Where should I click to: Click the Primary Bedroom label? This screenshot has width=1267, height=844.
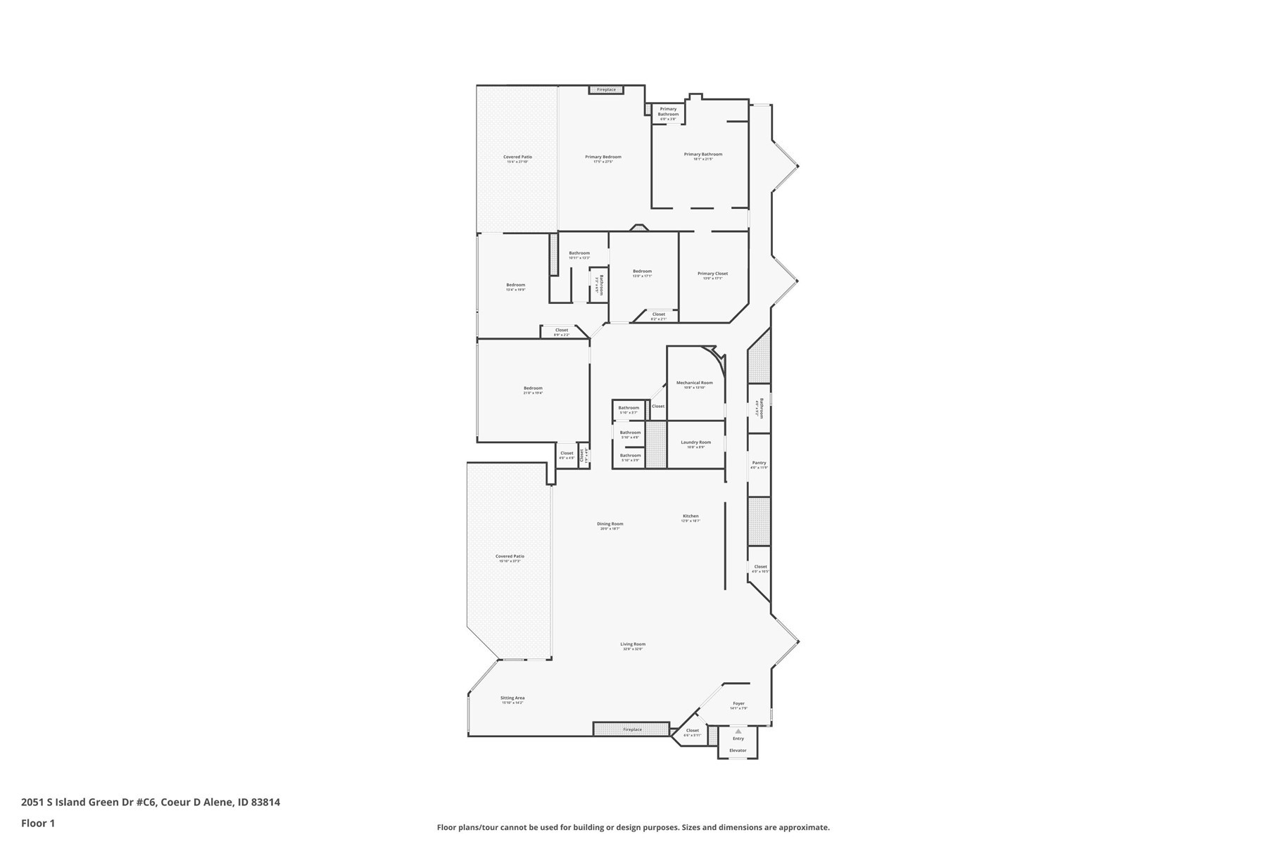click(603, 158)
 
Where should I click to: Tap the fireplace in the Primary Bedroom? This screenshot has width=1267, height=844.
click(606, 89)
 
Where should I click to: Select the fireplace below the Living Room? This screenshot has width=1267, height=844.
click(631, 729)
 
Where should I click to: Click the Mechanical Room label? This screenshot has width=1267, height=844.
click(694, 383)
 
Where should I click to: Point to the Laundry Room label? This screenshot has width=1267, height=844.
click(695, 443)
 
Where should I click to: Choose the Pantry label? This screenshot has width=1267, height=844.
click(759, 463)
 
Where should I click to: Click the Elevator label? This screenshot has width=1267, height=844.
click(738, 750)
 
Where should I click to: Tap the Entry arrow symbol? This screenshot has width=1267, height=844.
click(738, 731)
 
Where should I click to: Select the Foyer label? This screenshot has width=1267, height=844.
click(738, 704)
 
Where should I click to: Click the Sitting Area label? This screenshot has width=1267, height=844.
click(512, 698)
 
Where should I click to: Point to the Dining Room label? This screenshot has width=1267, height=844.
click(610, 524)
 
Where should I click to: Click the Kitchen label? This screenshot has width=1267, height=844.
click(691, 516)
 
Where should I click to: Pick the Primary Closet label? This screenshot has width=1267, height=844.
click(712, 274)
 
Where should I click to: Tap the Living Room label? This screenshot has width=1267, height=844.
click(633, 645)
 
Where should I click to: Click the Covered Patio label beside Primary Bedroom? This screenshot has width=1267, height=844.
click(517, 158)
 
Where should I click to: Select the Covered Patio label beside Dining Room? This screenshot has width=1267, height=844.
click(510, 557)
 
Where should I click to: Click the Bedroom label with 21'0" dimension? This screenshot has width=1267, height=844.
click(533, 389)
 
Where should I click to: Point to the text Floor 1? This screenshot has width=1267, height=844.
click(38, 823)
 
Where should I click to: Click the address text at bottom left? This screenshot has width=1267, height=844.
click(151, 802)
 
